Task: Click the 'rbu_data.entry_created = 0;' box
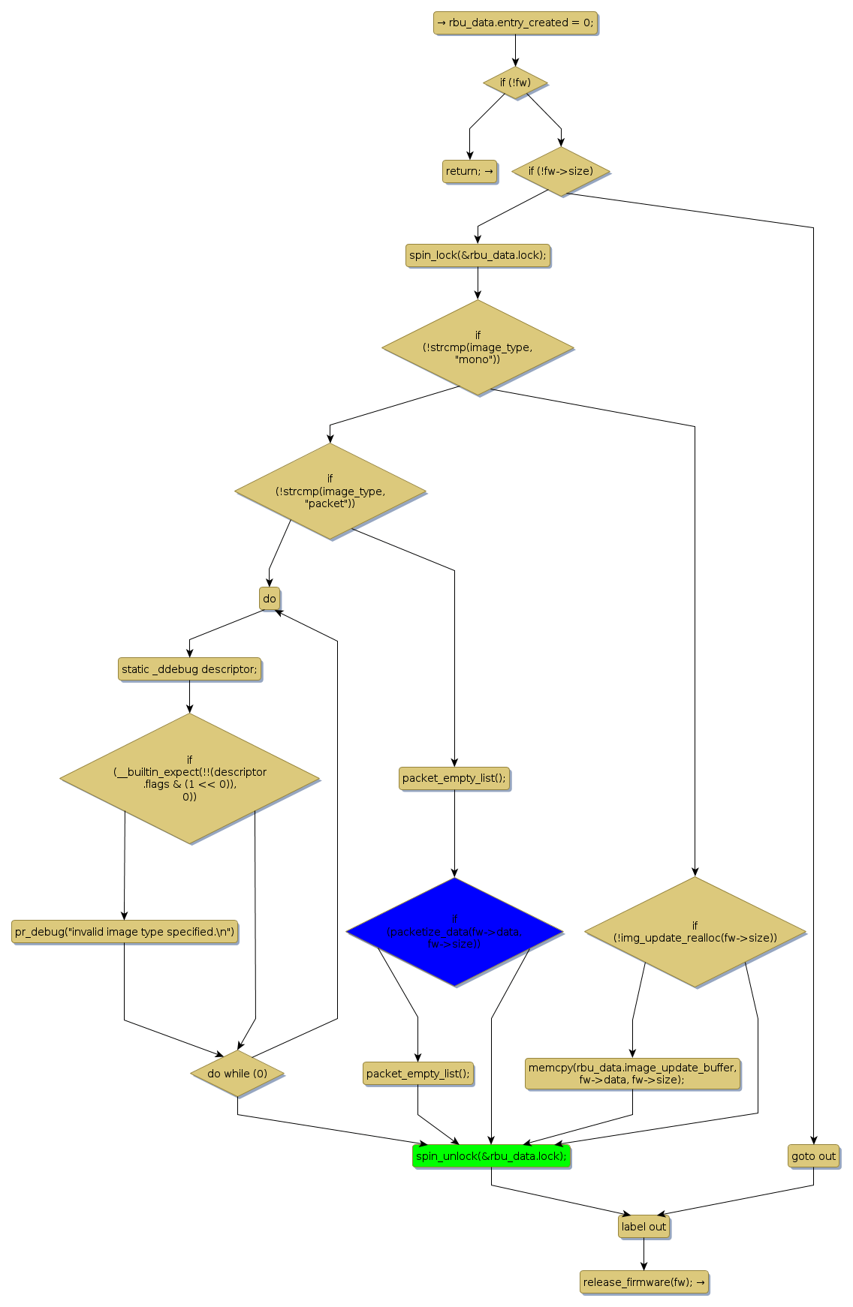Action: tap(515, 23)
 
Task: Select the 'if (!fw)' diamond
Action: tap(515, 83)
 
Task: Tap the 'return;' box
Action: tap(469, 171)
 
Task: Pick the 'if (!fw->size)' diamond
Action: tap(560, 171)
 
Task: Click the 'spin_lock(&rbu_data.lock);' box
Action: tap(478, 255)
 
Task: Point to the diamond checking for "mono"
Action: tap(478, 347)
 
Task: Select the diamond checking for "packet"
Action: tap(330, 491)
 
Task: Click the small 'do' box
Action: tap(270, 599)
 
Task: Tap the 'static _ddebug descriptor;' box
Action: tap(189, 669)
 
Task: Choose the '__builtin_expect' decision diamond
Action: tap(189, 778)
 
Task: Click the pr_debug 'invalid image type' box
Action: tap(125, 932)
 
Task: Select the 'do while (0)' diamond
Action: tap(237, 1074)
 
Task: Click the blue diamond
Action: tap(454, 932)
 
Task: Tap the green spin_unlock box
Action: tap(491, 1156)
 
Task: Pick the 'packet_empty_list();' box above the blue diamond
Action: tap(454, 778)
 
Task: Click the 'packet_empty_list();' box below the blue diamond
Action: tap(417, 1074)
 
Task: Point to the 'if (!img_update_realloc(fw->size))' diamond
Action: tap(695, 932)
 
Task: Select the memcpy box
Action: tap(632, 1074)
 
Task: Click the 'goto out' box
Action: tap(813, 1156)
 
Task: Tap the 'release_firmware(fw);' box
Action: tap(644, 1282)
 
